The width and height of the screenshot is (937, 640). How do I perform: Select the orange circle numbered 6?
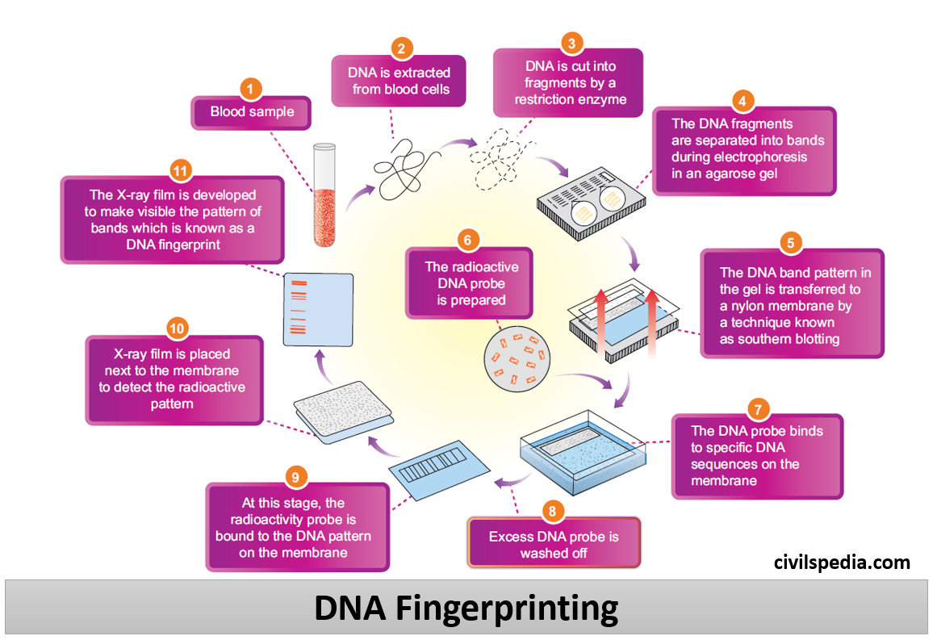(468, 239)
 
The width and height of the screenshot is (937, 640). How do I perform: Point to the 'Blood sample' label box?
(251, 112)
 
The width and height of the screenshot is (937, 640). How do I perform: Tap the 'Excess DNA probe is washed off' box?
(554, 545)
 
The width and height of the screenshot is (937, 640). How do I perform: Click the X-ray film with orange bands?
(320, 311)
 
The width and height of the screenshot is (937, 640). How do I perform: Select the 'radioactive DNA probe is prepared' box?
(471, 282)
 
